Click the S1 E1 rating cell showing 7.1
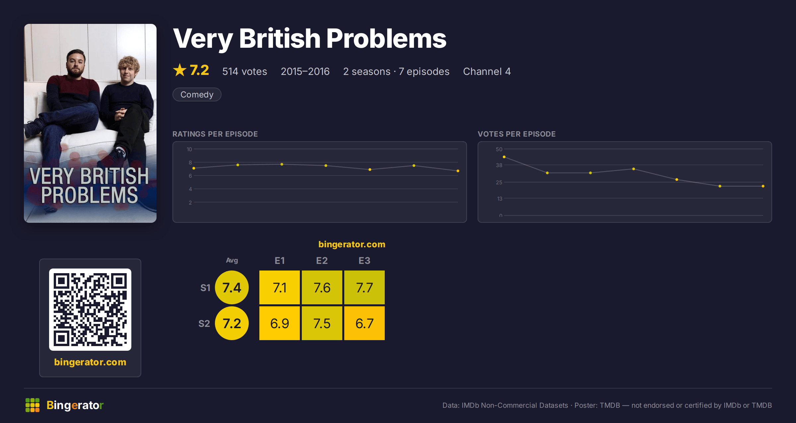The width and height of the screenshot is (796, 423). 280,287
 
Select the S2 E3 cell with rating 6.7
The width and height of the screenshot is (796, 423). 365,323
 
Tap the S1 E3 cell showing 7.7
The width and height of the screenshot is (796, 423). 365,287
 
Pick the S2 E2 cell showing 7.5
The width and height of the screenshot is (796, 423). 322,323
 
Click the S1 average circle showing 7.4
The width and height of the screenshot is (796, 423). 232,287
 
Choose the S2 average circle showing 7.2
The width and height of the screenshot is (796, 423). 232,323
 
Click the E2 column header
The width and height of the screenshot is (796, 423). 322,261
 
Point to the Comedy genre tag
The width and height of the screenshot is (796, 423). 197,94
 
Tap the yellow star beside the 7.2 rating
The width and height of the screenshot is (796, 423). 180,70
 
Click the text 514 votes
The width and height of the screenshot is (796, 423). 245,71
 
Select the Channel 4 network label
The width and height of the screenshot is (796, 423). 487,71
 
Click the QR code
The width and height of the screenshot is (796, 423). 90,310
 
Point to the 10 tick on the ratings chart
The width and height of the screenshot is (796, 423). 189,149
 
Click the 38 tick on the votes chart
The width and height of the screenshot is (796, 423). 499,165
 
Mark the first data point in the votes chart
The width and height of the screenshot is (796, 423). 504,157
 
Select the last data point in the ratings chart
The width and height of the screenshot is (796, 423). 458,171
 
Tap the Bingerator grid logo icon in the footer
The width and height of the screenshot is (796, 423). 33,405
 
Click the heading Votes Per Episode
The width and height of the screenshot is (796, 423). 517,134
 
